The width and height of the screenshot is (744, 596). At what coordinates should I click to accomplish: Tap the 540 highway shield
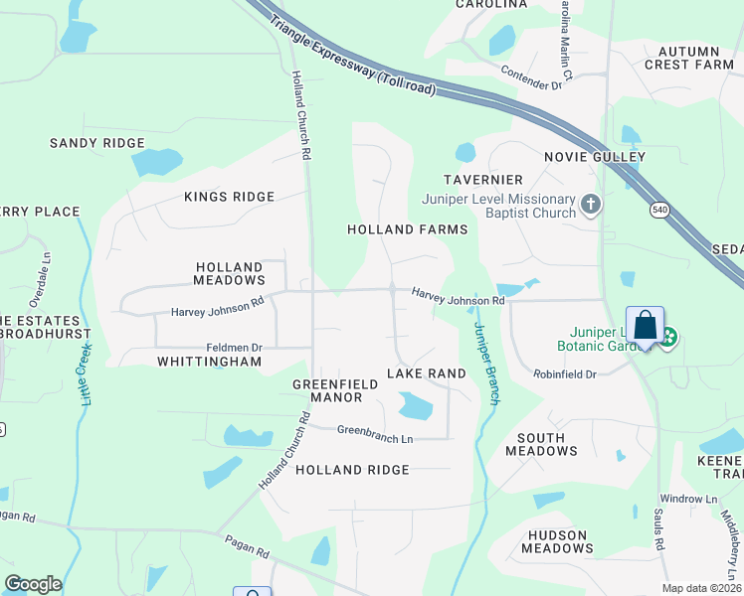[659, 210]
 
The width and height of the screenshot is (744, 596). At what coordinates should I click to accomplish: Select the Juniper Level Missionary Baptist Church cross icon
[591, 205]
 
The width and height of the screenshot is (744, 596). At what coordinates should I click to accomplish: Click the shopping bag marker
[645, 325]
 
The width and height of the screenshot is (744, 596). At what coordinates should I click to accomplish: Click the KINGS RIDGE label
[229, 197]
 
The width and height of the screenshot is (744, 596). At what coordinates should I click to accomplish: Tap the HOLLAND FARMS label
[407, 229]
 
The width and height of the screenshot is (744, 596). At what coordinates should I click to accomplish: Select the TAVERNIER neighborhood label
[484, 179]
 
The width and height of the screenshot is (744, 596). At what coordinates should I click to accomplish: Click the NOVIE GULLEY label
[595, 157]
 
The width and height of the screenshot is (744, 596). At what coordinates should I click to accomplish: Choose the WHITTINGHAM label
[209, 362]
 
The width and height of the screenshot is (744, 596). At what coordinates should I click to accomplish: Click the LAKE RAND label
[426, 373]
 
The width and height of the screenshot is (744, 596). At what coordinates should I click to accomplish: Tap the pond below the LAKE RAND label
[415, 404]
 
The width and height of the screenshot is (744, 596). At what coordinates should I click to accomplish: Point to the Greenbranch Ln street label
[374, 433]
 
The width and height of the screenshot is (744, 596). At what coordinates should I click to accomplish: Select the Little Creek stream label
[86, 373]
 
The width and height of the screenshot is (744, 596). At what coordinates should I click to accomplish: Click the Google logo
[33, 584]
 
